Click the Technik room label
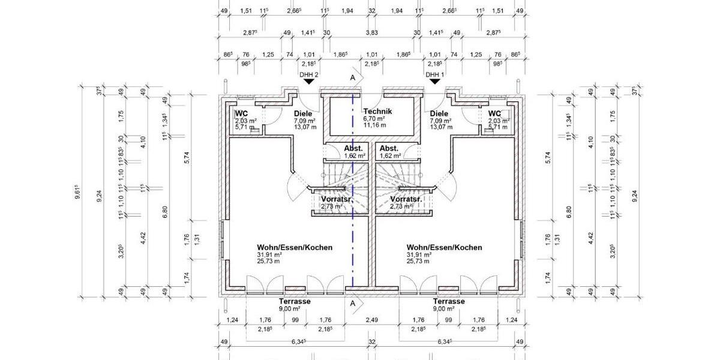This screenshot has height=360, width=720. click(x=377, y=112)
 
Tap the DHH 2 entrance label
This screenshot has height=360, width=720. click(x=309, y=75)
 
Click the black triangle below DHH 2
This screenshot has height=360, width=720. click(x=309, y=82)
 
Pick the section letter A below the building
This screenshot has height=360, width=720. click(x=353, y=304)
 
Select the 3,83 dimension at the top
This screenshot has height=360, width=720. click(x=372, y=33)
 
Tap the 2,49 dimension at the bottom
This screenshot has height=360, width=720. click(x=372, y=320)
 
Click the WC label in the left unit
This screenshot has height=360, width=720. click(x=242, y=113)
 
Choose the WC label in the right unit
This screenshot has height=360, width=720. click(x=494, y=113)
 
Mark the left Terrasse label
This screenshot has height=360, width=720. click(x=295, y=301)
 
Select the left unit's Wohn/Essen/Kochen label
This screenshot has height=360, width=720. click(x=295, y=247)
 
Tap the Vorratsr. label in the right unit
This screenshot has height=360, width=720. click(x=406, y=199)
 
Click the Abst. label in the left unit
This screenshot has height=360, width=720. click(x=352, y=148)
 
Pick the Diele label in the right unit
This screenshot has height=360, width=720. click(x=439, y=113)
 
